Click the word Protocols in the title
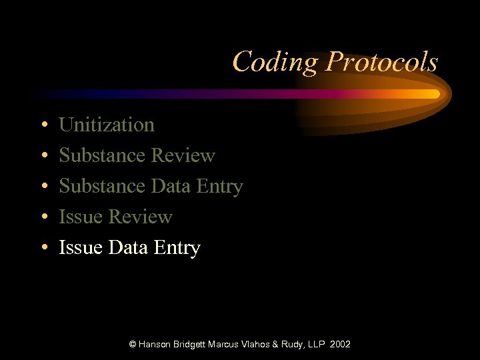(381, 63)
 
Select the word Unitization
(107, 125)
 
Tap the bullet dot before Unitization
(43, 125)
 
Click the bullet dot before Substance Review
(43, 156)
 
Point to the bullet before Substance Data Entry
(43, 187)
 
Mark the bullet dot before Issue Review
(43, 217)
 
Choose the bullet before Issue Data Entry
(43, 248)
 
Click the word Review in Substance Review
(183, 155)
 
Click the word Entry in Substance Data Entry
(219, 186)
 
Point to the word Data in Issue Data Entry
(127, 247)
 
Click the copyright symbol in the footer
(133, 344)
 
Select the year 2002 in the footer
(339, 344)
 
